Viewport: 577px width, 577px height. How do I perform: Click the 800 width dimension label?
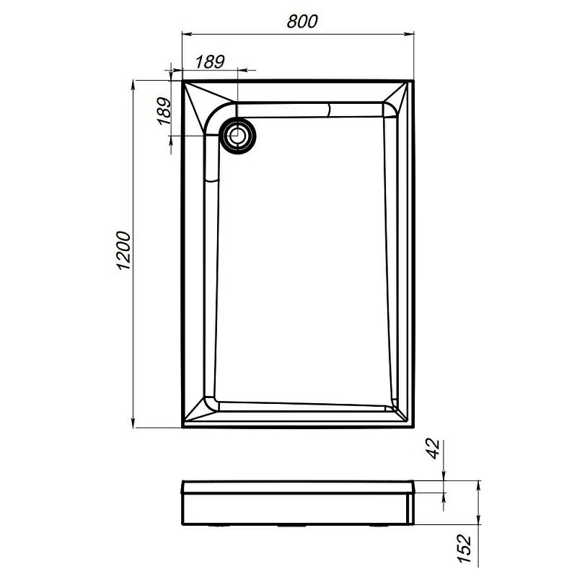(301, 22)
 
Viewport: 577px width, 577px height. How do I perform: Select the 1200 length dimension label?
(122, 252)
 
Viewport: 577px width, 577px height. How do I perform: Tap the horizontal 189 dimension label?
(210, 61)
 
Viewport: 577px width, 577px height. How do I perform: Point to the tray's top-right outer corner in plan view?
(416, 80)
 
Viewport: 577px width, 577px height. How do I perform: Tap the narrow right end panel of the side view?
(413, 505)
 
